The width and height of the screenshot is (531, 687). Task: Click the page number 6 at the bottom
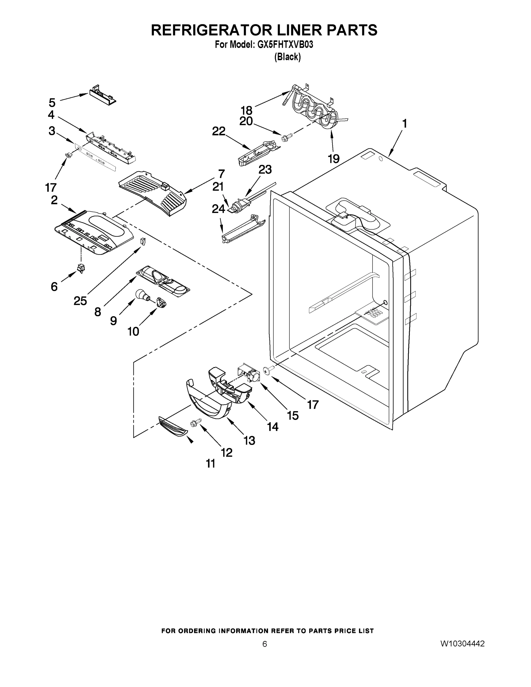pyautogui.click(x=264, y=644)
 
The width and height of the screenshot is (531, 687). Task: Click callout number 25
pyautogui.click(x=80, y=301)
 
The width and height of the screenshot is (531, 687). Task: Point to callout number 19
pyautogui.click(x=334, y=159)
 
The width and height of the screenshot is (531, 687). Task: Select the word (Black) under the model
pyautogui.click(x=287, y=57)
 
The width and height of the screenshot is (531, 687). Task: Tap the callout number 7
pyautogui.click(x=222, y=174)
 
